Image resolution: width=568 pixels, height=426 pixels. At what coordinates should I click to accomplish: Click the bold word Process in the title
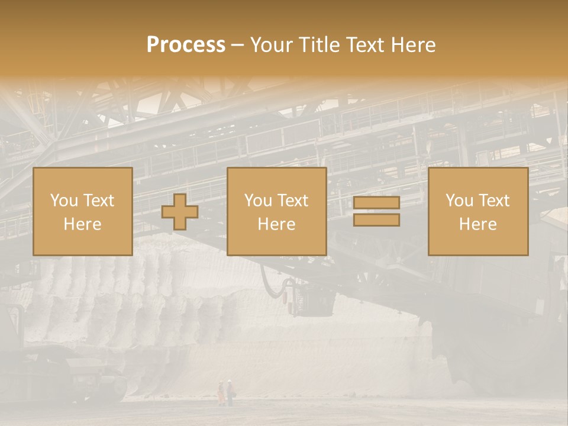(x=186, y=45)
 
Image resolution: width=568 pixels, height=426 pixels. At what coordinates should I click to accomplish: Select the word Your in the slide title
(x=272, y=45)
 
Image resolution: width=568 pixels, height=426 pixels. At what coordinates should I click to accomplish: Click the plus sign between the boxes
(x=180, y=212)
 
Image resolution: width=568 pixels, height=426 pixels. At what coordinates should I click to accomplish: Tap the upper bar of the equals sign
(x=376, y=202)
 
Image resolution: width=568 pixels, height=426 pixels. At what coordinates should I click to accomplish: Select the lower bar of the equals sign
(x=376, y=220)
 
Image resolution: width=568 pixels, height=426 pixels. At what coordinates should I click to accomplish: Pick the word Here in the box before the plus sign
(x=82, y=224)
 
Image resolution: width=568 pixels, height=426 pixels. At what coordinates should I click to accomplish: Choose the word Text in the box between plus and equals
(x=292, y=201)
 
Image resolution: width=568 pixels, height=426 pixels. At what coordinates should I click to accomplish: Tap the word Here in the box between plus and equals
(x=276, y=224)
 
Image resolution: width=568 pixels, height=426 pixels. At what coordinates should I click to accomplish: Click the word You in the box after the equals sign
(x=459, y=201)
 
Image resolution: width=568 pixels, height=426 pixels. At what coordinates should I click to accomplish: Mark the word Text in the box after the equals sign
(x=493, y=201)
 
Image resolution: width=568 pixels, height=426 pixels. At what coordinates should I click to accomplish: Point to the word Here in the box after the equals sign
(x=477, y=224)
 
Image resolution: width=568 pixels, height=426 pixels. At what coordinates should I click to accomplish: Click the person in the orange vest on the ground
(x=221, y=393)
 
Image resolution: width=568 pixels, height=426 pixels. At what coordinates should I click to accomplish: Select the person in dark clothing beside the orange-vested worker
(x=230, y=393)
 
